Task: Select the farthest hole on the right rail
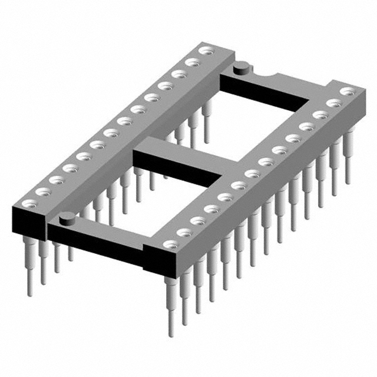point(349,91)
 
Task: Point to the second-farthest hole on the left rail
point(190,62)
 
